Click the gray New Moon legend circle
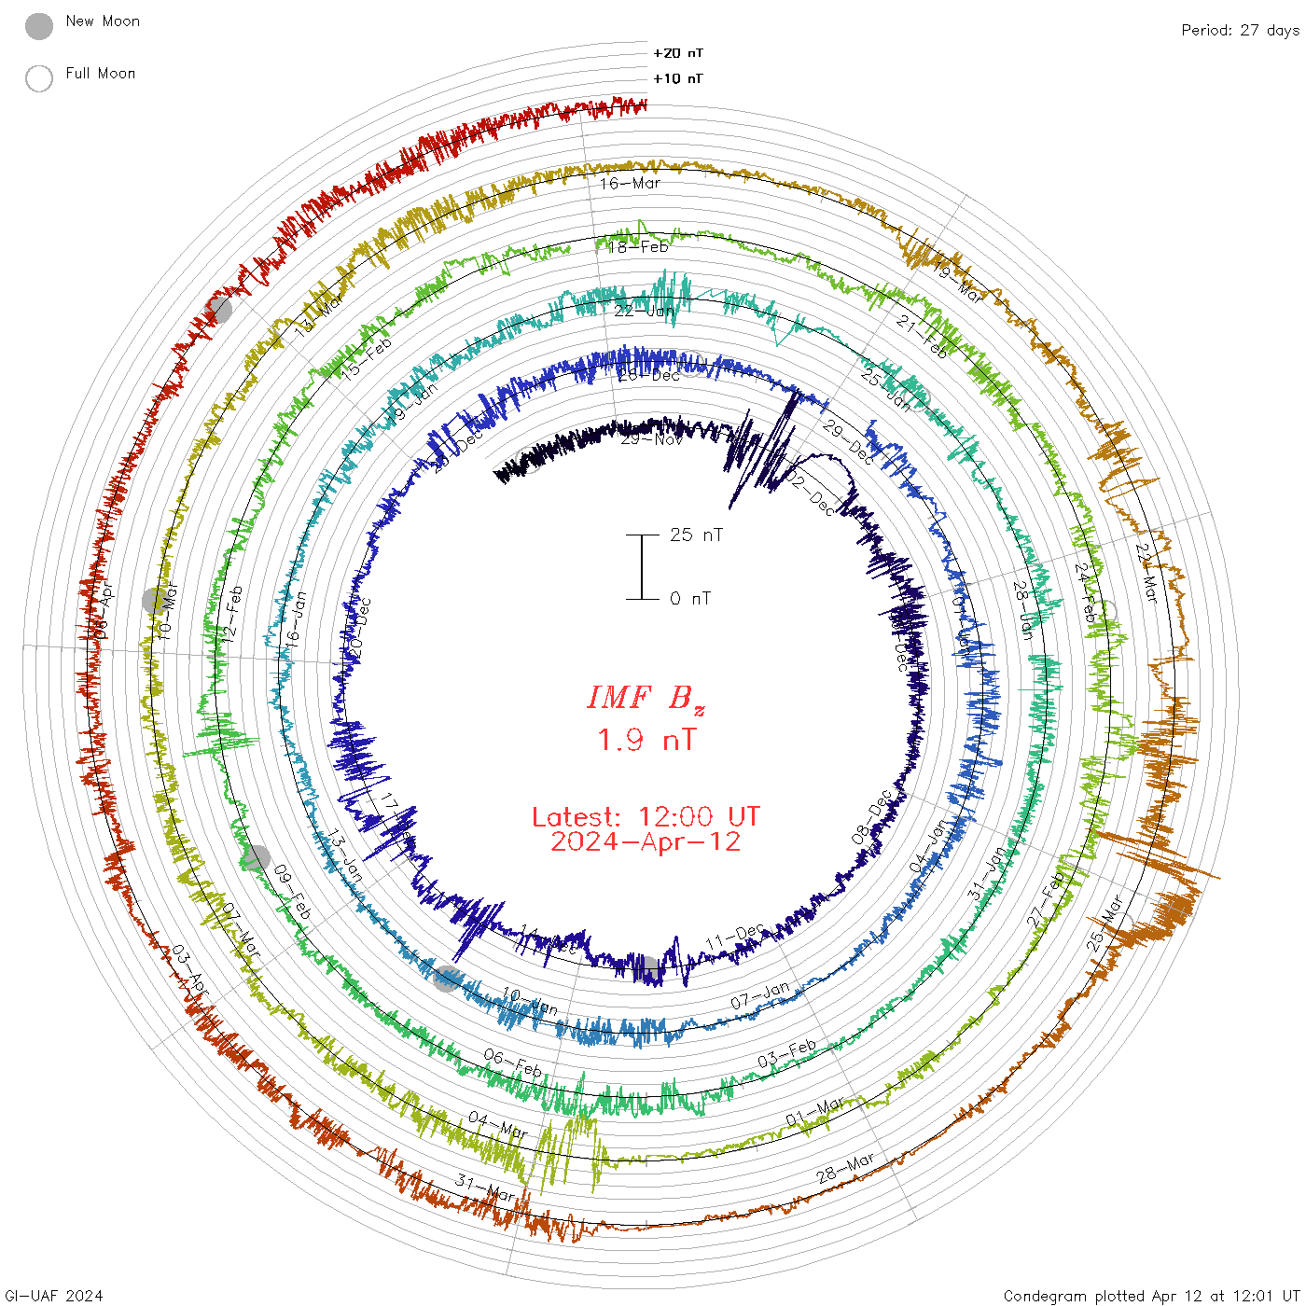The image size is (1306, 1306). point(39,27)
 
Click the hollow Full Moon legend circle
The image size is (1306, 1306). point(39,78)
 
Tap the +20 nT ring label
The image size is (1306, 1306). point(678,53)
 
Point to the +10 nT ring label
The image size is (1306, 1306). point(678,78)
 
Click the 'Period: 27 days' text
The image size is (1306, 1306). point(1240,30)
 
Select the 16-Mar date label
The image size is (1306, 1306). point(631,183)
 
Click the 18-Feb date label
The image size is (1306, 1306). point(639,247)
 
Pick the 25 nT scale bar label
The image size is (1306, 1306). point(696,535)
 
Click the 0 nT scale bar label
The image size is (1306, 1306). point(690,598)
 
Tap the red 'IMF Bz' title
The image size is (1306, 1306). point(646,699)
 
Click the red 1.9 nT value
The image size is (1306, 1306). point(646,740)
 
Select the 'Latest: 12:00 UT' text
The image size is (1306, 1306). point(646,817)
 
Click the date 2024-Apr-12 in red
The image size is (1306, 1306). point(646,841)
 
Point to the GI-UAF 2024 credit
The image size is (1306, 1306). point(54,1296)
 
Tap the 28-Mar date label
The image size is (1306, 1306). point(845,1167)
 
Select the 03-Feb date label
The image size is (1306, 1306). point(786,1053)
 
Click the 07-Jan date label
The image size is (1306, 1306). point(759,995)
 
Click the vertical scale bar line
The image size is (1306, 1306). point(642,566)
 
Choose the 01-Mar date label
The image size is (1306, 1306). point(814,1112)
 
